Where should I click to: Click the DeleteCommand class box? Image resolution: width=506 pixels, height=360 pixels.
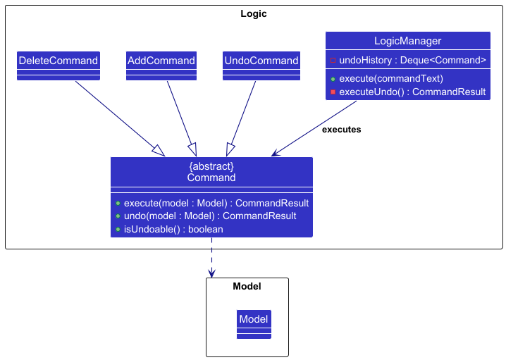[58, 61]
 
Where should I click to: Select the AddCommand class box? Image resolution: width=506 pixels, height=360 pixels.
[161, 61]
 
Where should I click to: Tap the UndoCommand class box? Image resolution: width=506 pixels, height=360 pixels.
[261, 61]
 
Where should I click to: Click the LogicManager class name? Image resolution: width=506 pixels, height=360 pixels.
[407, 41]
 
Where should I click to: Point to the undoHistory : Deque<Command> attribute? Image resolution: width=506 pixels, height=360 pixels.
[412, 60]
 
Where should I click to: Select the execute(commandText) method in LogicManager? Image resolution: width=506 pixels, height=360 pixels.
[390, 78]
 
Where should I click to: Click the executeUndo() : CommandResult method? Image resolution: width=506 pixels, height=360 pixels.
[412, 92]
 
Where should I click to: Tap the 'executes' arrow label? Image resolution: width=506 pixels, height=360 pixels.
[341, 130]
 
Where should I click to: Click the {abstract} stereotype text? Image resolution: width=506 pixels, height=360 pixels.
[211, 166]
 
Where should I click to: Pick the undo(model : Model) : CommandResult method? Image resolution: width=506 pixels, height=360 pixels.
[209, 216]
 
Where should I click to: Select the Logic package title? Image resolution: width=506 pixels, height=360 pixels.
[254, 13]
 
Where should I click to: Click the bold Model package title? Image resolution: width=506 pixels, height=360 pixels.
[247, 286]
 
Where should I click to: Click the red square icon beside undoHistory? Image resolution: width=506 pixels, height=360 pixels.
[333, 61]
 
